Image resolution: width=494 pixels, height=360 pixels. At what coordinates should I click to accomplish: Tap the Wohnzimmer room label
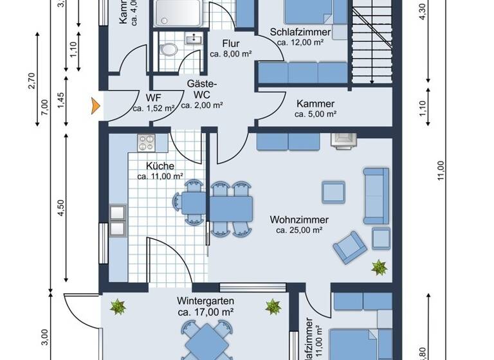coord(299,219)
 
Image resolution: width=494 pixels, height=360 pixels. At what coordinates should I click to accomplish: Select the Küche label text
coord(160,166)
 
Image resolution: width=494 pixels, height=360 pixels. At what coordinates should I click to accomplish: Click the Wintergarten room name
coord(205,301)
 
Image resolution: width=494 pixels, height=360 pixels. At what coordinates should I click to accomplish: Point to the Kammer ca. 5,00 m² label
coord(315,104)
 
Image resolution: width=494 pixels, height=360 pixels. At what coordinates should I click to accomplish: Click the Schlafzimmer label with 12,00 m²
coord(300,32)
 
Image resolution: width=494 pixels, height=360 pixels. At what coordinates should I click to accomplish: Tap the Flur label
coord(230,44)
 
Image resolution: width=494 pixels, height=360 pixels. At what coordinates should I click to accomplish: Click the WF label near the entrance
coord(153,98)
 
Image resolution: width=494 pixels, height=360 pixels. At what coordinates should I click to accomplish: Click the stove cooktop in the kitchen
coord(145,141)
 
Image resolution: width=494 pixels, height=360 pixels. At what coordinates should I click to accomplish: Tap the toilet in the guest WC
coord(170,50)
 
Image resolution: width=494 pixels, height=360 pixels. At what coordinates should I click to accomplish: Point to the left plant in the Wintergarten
coord(118,307)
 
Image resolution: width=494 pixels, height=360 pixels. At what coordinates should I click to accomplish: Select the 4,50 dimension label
coord(60,209)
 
